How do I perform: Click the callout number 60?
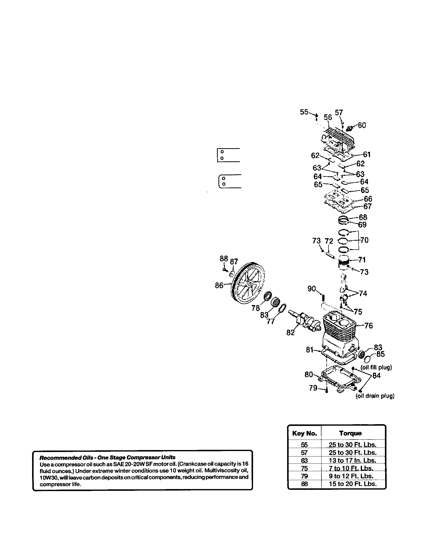[x=362, y=125]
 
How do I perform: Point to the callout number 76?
[x=368, y=326]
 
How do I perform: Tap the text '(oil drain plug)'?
[x=375, y=396]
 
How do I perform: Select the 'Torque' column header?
[x=350, y=433]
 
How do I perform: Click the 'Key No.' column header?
[x=305, y=433]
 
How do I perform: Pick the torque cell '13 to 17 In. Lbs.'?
[x=352, y=460]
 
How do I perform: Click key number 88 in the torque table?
[x=304, y=484]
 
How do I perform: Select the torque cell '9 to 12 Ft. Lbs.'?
[x=351, y=476]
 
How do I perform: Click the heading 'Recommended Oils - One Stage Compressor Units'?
[x=107, y=457]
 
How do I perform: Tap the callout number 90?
[x=312, y=289]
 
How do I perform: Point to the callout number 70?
[x=364, y=240]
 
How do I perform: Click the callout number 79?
[x=313, y=388]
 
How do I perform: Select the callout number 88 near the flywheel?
[x=224, y=259]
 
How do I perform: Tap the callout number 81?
[x=310, y=350]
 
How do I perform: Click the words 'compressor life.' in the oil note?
[x=60, y=484]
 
